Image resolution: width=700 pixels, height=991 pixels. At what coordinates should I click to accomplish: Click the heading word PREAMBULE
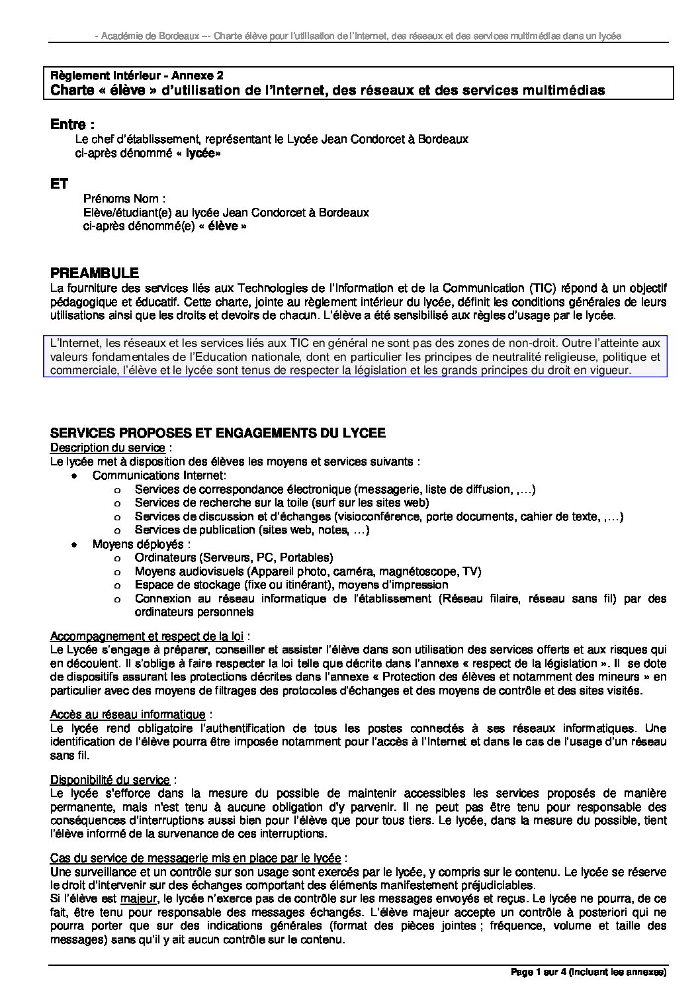pos(95,273)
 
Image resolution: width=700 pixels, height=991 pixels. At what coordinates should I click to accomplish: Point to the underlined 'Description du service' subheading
pos(107,448)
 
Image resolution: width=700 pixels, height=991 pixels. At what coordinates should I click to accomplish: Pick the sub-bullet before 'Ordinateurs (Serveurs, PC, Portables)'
pos(117,558)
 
